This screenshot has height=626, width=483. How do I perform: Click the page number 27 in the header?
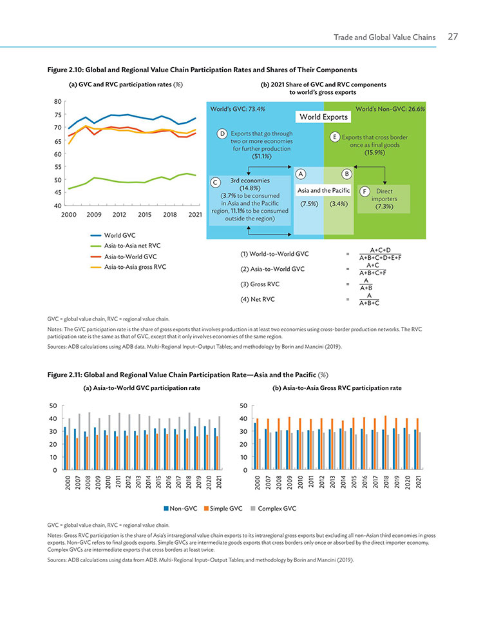click(453, 37)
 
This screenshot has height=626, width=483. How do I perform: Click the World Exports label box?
click(323, 117)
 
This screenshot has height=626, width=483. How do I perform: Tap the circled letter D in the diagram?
click(222, 133)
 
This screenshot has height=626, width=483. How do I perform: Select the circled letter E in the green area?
click(335, 137)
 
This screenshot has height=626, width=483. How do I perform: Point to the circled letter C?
click(215, 182)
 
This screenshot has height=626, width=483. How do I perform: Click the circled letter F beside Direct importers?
click(365, 191)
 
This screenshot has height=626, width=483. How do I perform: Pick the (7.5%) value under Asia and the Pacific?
click(309, 204)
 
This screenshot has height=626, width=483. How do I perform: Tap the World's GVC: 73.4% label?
click(238, 108)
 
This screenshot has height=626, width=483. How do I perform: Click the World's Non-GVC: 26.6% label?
click(390, 108)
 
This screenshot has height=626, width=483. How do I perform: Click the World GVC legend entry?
click(113, 235)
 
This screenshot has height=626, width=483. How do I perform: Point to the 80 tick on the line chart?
click(58, 101)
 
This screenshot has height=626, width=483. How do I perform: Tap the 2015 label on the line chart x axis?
click(144, 215)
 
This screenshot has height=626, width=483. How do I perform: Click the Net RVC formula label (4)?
click(257, 299)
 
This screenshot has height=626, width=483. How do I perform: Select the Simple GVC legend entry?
click(223, 509)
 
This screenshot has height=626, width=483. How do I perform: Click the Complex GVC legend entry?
click(274, 509)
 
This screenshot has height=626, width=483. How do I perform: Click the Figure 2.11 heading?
click(188, 375)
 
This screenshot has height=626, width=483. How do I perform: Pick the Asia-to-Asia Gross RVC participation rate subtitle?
click(337, 388)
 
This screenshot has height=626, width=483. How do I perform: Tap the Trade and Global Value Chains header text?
click(384, 37)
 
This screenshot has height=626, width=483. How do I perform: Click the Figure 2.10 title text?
click(202, 70)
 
